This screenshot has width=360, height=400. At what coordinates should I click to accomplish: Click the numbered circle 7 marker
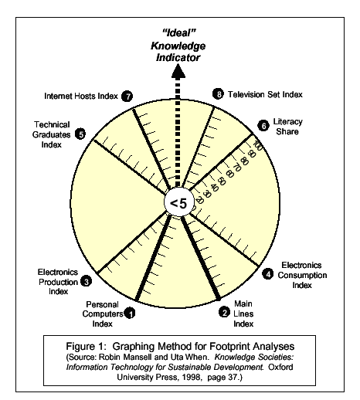(x=127, y=97)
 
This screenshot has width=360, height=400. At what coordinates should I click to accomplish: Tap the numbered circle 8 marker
(x=218, y=94)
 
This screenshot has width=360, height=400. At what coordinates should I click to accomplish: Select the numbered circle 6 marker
(x=263, y=126)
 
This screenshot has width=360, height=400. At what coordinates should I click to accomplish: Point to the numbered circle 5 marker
(x=80, y=134)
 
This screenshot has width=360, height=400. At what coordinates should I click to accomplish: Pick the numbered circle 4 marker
(x=268, y=273)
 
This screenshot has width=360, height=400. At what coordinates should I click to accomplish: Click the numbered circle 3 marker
(x=86, y=281)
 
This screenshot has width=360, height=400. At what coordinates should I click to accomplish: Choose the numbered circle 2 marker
(x=224, y=312)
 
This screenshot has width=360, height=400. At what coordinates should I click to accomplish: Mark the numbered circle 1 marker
(x=131, y=313)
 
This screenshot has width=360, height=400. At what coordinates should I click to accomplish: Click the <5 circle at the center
(x=178, y=203)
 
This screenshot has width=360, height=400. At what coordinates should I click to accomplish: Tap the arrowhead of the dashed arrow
(x=178, y=70)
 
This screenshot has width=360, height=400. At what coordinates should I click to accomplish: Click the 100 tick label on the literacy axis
(x=257, y=146)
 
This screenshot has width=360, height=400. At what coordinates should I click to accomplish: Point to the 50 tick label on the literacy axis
(x=221, y=181)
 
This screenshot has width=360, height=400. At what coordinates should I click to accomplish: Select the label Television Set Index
(x=265, y=94)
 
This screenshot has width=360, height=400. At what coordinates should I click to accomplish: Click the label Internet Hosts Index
(x=81, y=96)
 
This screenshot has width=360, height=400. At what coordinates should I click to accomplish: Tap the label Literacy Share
(x=287, y=127)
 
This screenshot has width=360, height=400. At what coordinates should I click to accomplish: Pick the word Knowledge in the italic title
(x=178, y=46)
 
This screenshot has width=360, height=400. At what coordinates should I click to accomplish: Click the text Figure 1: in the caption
(x=86, y=346)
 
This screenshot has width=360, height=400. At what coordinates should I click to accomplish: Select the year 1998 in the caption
(x=191, y=377)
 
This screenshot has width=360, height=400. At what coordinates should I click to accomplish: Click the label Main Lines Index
(x=243, y=314)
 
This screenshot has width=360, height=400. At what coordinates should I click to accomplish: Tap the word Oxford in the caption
(x=280, y=367)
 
